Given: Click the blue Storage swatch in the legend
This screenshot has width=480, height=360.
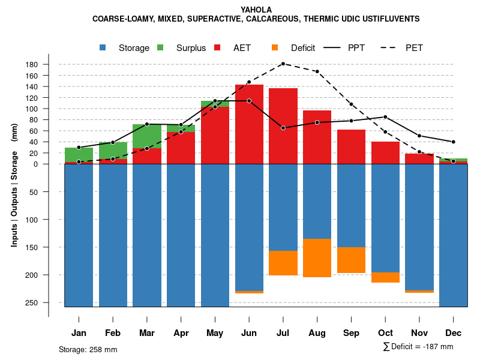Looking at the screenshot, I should point(103,48).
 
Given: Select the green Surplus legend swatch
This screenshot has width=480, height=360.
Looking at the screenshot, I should point(160,48).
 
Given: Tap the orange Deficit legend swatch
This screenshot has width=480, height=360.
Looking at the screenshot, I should point(275,48).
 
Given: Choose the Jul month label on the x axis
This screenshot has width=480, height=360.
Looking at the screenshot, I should point(283,333).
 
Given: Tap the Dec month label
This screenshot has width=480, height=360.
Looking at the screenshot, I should point(453,333).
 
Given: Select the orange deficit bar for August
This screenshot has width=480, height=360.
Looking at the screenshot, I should point(317,258).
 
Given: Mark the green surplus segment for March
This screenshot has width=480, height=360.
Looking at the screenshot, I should point(147,136).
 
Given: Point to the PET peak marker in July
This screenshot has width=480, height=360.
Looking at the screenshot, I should point(283,64).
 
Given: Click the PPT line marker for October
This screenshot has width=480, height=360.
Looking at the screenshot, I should point(385,117).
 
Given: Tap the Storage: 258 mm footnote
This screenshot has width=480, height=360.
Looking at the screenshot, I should point(88,349).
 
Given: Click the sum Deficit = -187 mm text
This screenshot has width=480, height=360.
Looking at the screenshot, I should point(418,346).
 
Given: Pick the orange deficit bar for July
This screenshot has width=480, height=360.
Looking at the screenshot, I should point(283,263).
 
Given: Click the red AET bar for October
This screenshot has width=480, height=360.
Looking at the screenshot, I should point(385,152).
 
